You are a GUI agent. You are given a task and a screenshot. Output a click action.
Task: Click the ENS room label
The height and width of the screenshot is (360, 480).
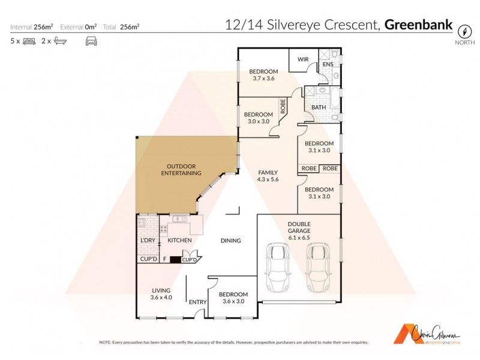coord(328,64)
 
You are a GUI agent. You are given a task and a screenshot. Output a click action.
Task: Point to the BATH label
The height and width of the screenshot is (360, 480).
coord(318,107)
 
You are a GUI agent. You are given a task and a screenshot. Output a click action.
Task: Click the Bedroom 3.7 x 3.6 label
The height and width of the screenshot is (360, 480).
coord(263,75)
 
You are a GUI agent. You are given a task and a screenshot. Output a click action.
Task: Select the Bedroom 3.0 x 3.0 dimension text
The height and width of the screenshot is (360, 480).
coord(259,121)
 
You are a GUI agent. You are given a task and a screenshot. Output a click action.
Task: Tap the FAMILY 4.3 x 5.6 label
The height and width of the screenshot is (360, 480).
coord(268,176)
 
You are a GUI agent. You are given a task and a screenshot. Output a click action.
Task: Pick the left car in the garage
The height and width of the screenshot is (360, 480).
coord(277,266)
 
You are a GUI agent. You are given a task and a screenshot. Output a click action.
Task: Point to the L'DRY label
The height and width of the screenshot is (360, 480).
coord(148,241)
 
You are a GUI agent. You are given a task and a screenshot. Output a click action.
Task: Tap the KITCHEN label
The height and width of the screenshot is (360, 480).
coord(179,241)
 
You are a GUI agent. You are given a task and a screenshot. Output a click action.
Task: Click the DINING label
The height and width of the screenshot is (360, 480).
coord(230,241)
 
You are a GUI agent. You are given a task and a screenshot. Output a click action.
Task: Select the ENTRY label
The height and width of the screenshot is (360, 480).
coord(197,302)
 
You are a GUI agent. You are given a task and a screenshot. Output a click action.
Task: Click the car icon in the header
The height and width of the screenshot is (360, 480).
coord(91,41)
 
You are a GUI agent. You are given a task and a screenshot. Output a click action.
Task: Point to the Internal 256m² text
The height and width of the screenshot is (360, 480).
coord(32,26)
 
